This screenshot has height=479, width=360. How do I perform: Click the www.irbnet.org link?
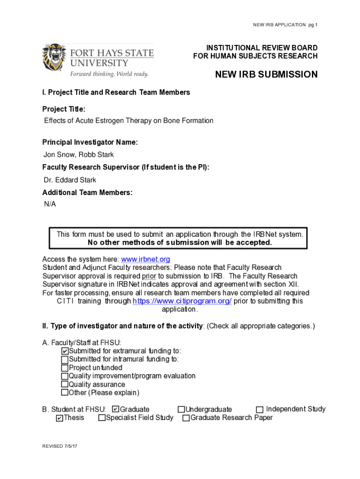[145, 259]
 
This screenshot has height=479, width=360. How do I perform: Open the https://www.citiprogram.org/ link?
[182, 301]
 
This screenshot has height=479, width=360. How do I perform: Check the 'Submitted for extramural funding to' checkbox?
[65, 351]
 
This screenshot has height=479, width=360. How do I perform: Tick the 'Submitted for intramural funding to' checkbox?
[65, 360]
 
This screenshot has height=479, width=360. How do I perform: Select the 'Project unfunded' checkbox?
[65, 368]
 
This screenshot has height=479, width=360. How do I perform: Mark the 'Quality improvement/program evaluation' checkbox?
[65, 376]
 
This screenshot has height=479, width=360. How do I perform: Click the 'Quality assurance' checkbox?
[65, 385]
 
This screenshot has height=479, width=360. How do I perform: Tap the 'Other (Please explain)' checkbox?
[65, 393]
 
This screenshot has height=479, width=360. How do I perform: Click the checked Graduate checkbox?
[116, 409]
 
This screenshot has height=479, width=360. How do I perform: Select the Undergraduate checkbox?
[181, 410]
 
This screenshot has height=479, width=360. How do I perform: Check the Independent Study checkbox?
[260, 410]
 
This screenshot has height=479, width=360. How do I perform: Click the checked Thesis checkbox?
[59, 418]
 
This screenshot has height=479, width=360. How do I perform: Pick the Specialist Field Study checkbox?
[102, 418]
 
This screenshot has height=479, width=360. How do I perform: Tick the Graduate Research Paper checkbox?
[186, 418]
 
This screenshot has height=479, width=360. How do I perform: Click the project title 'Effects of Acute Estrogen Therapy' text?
[129, 121]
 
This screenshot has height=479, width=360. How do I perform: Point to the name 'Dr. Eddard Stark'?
[70, 180]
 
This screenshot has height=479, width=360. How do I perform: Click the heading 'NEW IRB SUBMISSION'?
[266, 75]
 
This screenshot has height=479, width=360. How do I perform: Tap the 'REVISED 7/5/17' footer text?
[59, 447]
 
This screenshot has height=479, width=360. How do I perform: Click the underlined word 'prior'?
[149, 276]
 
